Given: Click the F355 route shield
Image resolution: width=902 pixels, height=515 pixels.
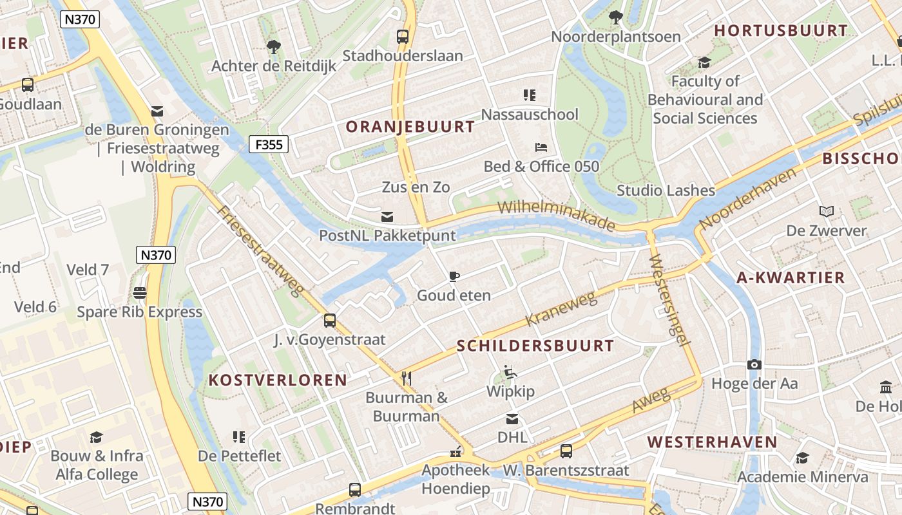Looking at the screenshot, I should tap(269, 144).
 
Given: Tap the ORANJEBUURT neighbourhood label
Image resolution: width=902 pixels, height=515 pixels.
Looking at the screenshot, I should tap(410, 127).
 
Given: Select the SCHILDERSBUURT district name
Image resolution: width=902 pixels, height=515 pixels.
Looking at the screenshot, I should tap(535, 346).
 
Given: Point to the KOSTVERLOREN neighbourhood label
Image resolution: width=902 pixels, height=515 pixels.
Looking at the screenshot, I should tap(278, 380).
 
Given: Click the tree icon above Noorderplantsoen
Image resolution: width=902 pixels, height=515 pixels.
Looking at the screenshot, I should tap(615, 17).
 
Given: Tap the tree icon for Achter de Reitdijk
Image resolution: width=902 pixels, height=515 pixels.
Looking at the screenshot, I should tap(274, 46).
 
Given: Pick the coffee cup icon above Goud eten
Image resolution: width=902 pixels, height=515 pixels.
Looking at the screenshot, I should tap(454, 276).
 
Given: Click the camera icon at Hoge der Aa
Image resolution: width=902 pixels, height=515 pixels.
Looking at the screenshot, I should tap(754, 364).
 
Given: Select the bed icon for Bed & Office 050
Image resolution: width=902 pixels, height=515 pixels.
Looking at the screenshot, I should tap(541, 147).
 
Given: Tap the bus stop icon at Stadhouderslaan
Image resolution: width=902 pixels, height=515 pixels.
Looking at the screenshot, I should tap(403, 36).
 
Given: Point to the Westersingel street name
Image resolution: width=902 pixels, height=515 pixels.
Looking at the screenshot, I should tap(670, 300).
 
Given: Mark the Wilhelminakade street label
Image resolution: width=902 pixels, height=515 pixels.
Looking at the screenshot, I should tap(557, 215).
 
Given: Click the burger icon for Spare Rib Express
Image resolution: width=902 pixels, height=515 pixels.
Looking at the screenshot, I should tap(140, 293).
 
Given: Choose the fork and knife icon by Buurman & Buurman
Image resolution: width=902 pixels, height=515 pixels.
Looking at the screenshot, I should tap(406, 378).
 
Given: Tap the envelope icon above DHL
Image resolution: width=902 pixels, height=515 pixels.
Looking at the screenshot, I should tap(512, 419).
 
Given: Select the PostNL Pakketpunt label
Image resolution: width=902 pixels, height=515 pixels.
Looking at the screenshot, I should tap(387, 236).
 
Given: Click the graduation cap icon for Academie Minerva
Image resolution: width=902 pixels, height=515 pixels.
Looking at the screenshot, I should tap(802, 458).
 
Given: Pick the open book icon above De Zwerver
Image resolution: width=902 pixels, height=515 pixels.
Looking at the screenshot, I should tap(827, 211).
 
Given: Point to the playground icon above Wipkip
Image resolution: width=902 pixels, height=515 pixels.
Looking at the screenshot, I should tap(510, 371).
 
